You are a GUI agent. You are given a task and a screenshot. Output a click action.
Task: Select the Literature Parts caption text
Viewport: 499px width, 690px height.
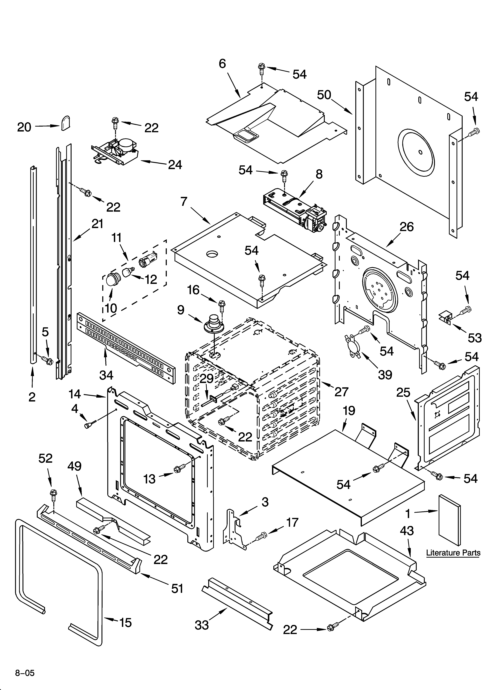coord(453,553)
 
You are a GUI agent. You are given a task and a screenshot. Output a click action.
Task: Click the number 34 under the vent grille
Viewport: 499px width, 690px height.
coord(106,375)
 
